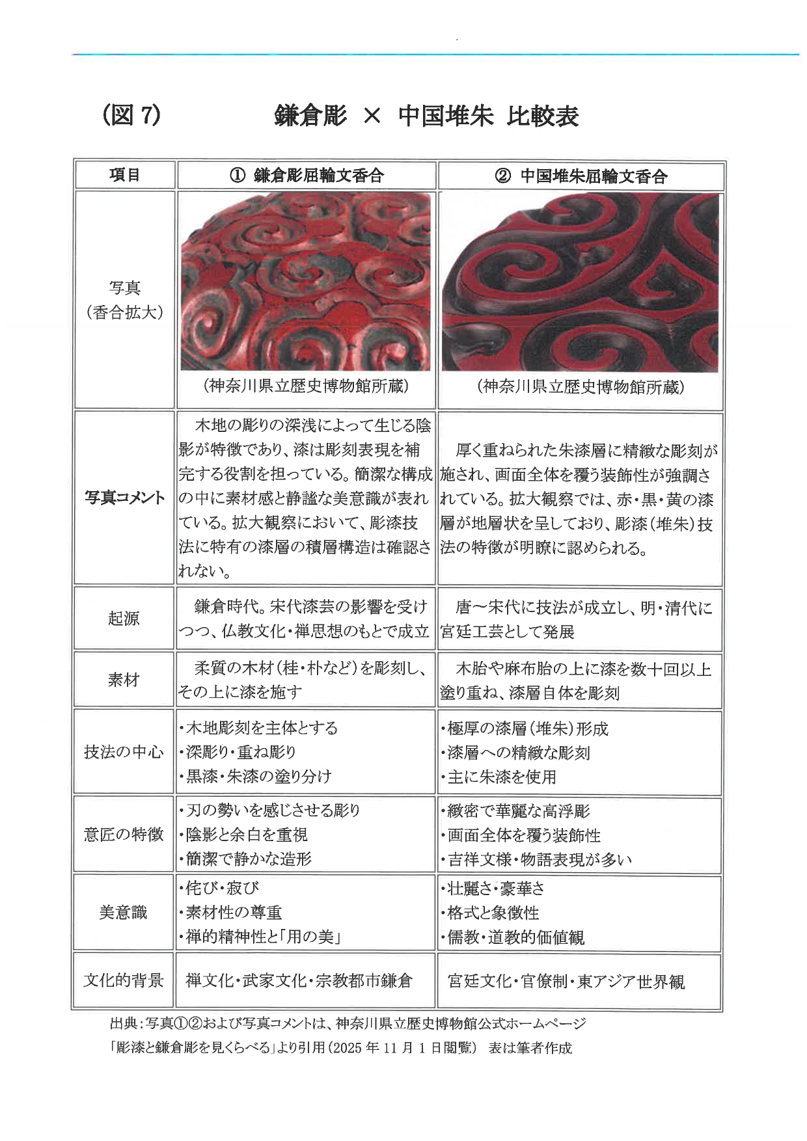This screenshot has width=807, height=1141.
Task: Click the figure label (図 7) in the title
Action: [131, 116]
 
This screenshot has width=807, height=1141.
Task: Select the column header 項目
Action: [124, 175]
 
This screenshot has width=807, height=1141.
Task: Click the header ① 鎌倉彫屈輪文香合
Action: [306, 176]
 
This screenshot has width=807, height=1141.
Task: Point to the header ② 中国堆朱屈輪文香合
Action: [581, 176]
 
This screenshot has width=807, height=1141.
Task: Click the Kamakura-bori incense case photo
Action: [305, 281]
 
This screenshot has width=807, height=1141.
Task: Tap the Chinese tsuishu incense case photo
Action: [580, 282]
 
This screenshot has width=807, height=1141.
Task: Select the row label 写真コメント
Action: [124, 498]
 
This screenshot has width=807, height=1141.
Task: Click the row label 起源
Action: [124, 618]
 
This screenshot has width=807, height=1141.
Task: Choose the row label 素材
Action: [124, 680]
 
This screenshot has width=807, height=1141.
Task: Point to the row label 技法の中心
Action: [124, 752]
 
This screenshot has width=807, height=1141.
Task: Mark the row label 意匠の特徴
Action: [124, 834]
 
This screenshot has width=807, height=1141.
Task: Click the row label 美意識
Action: [124, 913]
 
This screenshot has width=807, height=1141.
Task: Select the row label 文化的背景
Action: [124, 980]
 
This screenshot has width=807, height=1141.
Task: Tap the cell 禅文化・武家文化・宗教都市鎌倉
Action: [299, 980]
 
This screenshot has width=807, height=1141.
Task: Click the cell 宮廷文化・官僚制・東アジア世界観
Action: [566, 981]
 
